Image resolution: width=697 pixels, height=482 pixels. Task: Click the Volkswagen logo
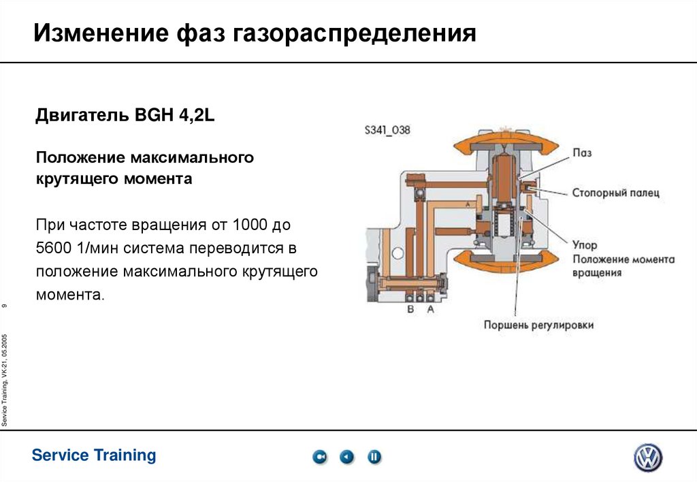[648, 457]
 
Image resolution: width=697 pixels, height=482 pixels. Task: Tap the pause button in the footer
[374, 457]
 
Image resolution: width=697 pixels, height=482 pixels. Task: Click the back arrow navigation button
[347, 457]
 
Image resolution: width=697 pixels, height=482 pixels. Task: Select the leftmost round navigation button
[320, 457]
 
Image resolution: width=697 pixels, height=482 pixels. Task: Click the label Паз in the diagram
[582, 152]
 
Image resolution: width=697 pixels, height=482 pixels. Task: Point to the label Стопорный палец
[615, 193]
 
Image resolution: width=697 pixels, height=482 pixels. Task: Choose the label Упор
[585, 244]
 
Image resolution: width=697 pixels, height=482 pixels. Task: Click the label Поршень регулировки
[538, 325]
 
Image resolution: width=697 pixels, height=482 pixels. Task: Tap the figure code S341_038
[387, 130]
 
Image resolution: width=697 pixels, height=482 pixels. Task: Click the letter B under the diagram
[410, 309]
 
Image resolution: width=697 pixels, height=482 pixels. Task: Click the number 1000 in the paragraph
[251, 224]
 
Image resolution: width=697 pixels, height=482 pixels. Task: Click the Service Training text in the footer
[94, 455]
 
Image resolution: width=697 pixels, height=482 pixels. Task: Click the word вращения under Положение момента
[597, 273]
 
